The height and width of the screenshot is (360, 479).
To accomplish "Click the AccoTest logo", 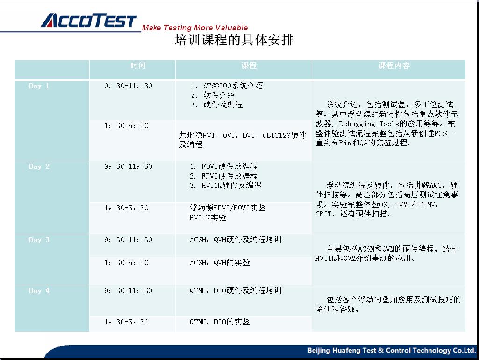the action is coord(89,21).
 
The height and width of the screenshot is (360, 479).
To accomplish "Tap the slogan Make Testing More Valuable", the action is coord(195,28).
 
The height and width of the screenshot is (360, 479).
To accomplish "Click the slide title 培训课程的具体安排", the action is coord(234,40).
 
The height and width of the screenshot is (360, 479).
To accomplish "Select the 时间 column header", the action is coord(138,65).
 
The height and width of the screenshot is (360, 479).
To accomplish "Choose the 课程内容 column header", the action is coord(394,65).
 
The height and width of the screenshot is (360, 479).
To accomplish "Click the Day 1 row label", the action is coord(39,86).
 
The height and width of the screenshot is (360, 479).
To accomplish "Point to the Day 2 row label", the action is coord(39,166).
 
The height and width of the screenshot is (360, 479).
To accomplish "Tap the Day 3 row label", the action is coord(39,239).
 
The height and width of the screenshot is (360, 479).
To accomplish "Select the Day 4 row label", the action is coord(39,291).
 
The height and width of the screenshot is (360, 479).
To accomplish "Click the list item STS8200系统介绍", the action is coord(233,86).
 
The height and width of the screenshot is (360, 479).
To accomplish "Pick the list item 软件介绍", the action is coord(219,95).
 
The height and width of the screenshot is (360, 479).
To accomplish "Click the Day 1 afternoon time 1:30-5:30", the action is coord(127,126).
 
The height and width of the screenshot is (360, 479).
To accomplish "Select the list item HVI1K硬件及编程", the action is coord(231,185).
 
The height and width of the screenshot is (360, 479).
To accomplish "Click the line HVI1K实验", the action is coord(208,217).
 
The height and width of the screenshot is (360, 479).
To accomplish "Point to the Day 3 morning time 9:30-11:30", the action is coord(129,239).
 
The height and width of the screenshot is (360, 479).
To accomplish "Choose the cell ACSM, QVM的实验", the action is coord(220,262).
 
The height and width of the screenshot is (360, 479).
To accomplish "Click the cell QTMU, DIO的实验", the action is coord(220,322).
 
